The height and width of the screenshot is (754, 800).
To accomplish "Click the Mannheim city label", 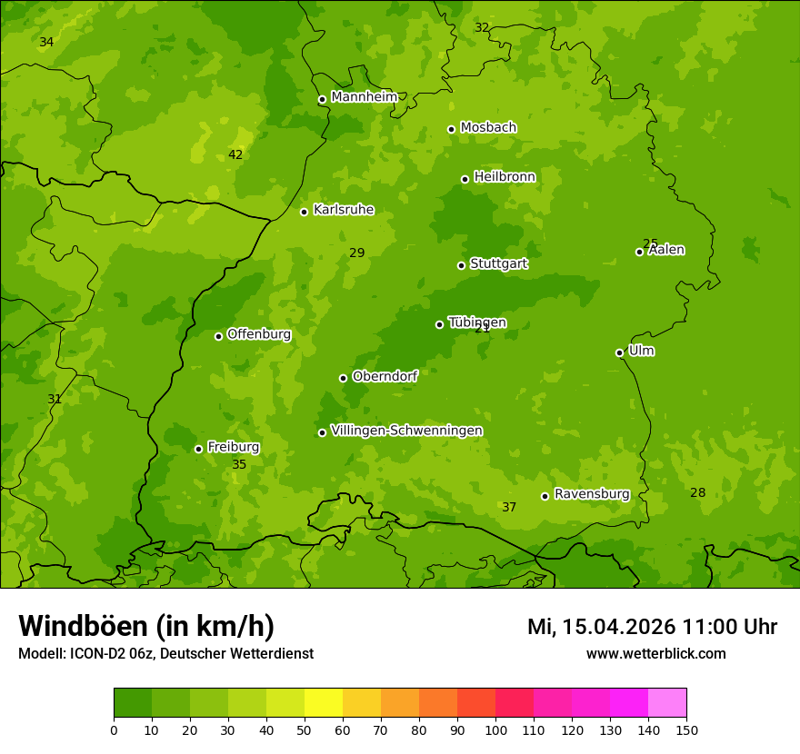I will pyautogui.click(x=364, y=97).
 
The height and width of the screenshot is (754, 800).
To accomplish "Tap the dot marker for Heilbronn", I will pyautogui.click(x=465, y=179).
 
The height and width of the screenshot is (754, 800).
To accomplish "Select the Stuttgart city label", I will pyautogui.click(x=498, y=263).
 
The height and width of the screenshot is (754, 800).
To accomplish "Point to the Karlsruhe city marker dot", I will pyautogui.click(x=304, y=212).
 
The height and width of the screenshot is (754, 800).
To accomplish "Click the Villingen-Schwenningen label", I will pyautogui.click(x=406, y=431).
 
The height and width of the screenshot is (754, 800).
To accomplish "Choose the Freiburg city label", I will pyautogui.click(x=233, y=447).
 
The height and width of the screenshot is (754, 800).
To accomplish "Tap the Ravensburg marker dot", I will pyautogui.click(x=545, y=496).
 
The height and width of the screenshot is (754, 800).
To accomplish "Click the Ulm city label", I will pyautogui.click(x=641, y=351).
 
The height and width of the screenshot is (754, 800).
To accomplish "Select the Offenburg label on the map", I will pyautogui.click(x=259, y=334).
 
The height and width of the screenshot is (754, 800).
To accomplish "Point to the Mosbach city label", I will pyautogui.click(x=488, y=128).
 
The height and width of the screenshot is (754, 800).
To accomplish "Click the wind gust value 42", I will pyautogui.click(x=235, y=154).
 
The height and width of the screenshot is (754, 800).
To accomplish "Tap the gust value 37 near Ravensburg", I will pyautogui.click(x=509, y=507).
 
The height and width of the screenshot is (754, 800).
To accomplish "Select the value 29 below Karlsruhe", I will pyautogui.click(x=357, y=253).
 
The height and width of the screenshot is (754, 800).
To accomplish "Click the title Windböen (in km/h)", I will pyautogui.click(x=146, y=626).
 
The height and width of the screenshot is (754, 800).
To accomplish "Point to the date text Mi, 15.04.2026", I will pyautogui.click(x=601, y=627).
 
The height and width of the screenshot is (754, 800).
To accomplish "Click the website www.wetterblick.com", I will pyautogui.click(x=655, y=654).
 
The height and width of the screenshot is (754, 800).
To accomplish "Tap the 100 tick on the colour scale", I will pyautogui.click(x=495, y=729).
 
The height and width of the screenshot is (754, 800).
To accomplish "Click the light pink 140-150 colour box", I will pyautogui.click(x=667, y=703).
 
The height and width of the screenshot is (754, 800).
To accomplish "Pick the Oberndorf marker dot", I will pyautogui.click(x=343, y=378).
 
